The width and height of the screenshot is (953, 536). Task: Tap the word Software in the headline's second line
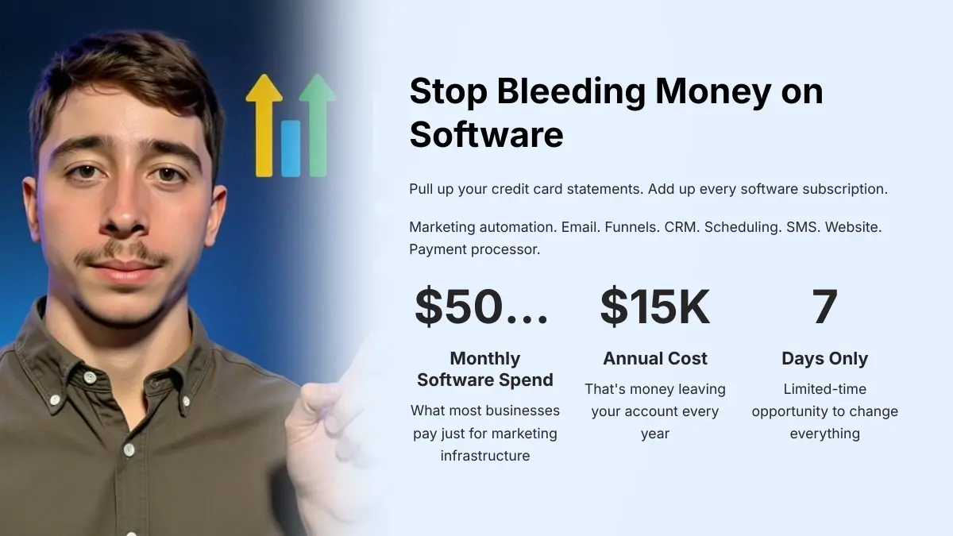[486, 135]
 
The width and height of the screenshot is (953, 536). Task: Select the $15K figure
[654, 307]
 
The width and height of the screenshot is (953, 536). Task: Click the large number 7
[824, 307]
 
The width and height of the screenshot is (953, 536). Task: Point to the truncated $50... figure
[481, 307]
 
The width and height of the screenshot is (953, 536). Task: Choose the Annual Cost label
[654, 358]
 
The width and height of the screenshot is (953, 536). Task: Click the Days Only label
[824, 358]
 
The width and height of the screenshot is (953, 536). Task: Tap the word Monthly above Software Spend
[485, 358]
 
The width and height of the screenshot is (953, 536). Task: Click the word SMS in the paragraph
[803, 227]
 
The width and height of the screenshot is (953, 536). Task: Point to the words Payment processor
[474, 249]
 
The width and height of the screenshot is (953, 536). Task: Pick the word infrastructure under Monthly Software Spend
[485, 456]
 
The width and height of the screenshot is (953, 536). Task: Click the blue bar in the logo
[291, 148]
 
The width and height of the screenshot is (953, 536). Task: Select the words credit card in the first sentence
[527, 190]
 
